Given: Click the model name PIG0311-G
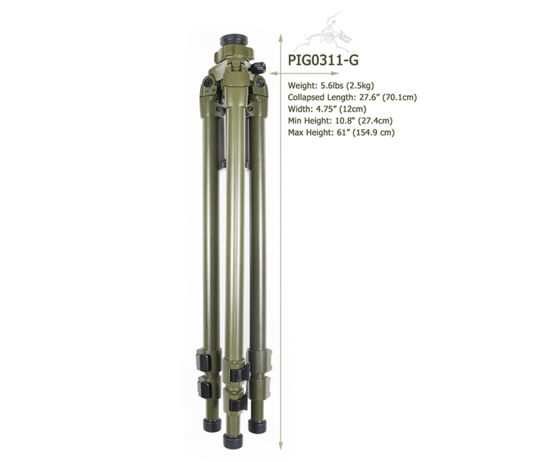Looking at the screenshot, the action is (x=323, y=60).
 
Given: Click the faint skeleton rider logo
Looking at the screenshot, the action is (x=323, y=33).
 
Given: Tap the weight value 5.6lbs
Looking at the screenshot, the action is (x=332, y=85).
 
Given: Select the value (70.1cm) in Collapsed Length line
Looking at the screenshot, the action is (x=400, y=97).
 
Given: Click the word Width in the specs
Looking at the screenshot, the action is (x=299, y=109).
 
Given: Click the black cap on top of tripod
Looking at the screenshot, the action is (x=233, y=40).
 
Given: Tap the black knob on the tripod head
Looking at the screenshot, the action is (x=259, y=67).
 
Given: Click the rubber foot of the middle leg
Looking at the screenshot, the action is (x=233, y=441).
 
